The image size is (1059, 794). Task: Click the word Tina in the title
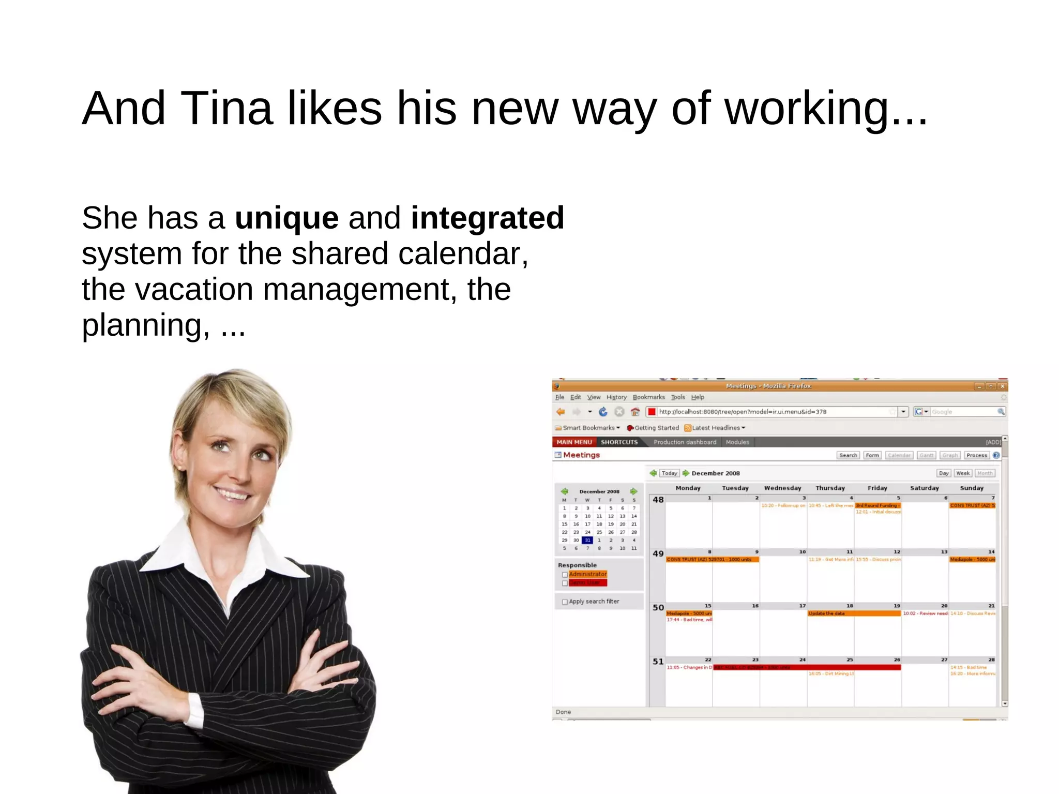(x=226, y=108)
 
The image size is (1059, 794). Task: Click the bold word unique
(x=287, y=218)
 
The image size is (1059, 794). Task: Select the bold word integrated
(x=487, y=218)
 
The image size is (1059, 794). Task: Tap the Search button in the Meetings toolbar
(x=848, y=455)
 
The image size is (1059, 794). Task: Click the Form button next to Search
(x=872, y=455)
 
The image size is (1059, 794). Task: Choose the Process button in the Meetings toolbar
(x=976, y=455)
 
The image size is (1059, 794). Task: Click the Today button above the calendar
(x=669, y=473)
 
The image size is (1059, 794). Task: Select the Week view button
(x=963, y=473)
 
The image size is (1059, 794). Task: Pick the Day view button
(x=944, y=473)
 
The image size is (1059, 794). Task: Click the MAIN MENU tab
(x=574, y=442)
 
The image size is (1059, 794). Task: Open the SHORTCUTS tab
(x=619, y=442)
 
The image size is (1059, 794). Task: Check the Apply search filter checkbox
(x=565, y=602)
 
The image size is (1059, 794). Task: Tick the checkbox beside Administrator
(x=565, y=575)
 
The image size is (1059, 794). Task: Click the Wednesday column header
(x=782, y=488)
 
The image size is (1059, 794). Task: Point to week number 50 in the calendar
(x=658, y=608)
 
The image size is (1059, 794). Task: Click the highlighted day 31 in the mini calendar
(x=587, y=541)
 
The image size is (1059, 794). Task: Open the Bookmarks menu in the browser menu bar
(x=648, y=397)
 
